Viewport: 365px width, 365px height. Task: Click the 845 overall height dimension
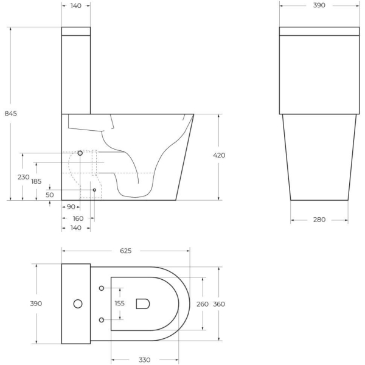click(10, 113)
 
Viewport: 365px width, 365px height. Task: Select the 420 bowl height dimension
click(219, 156)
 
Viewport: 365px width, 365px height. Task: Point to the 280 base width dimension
click(319, 220)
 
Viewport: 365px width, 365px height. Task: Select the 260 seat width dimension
click(202, 304)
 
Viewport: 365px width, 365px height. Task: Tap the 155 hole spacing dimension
click(120, 304)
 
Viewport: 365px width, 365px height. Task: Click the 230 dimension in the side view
click(23, 177)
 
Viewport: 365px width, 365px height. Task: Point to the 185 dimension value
click(36, 181)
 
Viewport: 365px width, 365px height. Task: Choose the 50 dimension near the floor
click(50, 195)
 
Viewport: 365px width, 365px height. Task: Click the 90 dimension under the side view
click(71, 207)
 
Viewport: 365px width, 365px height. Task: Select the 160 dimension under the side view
click(78, 218)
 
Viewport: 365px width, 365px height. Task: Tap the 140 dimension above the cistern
click(76, 5)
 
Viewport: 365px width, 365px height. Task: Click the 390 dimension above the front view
click(319, 5)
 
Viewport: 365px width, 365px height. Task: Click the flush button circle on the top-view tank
click(77, 303)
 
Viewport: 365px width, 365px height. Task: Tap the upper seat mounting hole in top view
click(101, 288)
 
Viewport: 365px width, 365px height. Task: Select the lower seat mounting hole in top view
click(101, 319)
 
